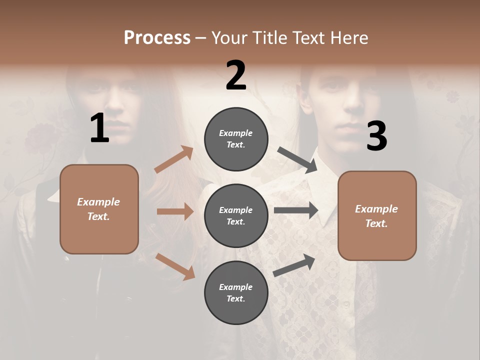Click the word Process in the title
(157, 38)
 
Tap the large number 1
(99, 128)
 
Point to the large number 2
(236, 75)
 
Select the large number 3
(376, 136)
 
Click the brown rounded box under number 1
(99, 209)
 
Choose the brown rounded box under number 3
(377, 215)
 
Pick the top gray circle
(236, 138)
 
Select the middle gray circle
(236, 215)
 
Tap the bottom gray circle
(236, 292)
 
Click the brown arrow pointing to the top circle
(174, 159)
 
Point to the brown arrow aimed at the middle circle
(175, 211)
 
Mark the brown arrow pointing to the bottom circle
(175, 266)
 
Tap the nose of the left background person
(116, 103)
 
